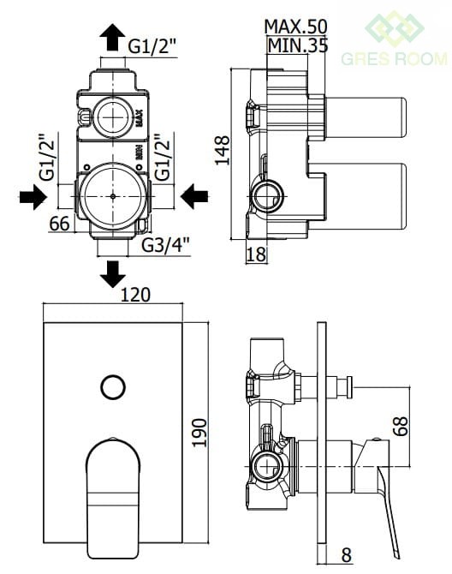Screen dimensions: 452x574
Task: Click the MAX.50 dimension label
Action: [x=295, y=27]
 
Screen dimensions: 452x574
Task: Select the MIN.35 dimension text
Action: [x=298, y=45]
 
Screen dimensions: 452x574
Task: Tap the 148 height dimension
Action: [x=222, y=150]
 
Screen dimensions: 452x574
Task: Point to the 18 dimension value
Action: [x=256, y=254]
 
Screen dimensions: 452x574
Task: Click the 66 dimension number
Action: [x=60, y=224]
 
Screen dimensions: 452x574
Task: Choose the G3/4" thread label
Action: [x=166, y=245]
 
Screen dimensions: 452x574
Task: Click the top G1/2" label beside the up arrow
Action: [x=152, y=45]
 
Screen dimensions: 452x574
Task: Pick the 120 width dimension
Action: [x=135, y=295]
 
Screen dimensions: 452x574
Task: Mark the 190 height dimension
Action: [x=199, y=433]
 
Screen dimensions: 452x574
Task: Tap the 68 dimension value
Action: [x=401, y=426]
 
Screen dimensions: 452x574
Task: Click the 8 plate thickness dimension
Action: [x=347, y=554]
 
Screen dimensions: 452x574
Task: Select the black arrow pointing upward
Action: [x=113, y=37]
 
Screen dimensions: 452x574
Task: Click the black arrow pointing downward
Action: [x=113, y=274]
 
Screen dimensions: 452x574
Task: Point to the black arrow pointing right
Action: [x=33, y=197]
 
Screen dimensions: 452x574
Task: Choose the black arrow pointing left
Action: [x=194, y=196]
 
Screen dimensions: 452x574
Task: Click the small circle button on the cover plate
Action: [x=113, y=387]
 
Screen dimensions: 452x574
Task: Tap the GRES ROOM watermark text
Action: [x=395, y=58]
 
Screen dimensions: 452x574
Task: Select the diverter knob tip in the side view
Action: [x=349, y=389]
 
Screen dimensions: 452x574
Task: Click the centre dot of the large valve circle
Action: [x=113, y=196]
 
